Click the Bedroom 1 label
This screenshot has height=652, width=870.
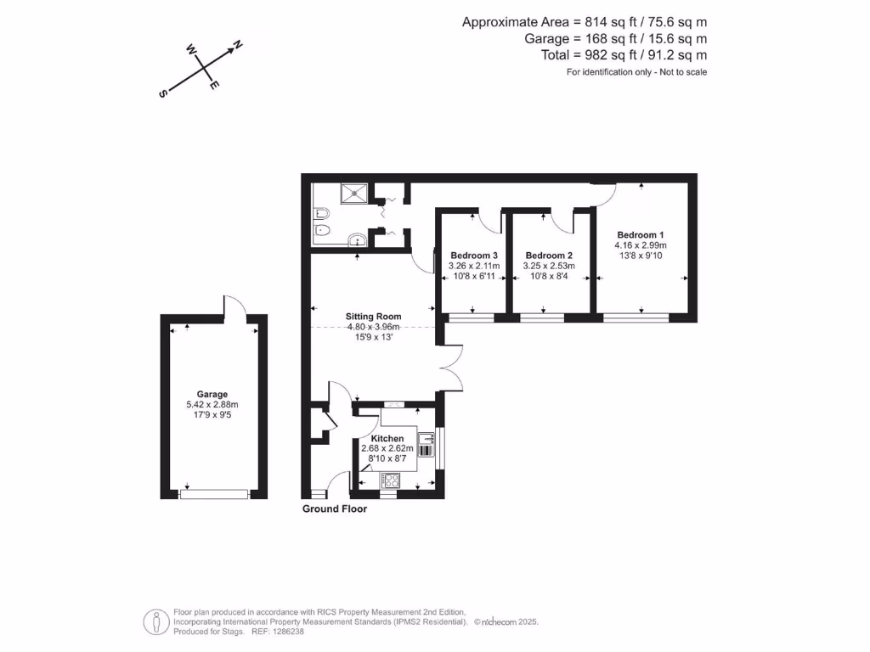click(x=641, y=235)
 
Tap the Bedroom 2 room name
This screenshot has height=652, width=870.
click(x=549, y=256)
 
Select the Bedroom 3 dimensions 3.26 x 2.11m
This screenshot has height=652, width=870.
click(x=474, y=266)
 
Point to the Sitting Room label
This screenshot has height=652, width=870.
click(x=373, y=317)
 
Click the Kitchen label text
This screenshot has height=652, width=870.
click(x=387, y=438)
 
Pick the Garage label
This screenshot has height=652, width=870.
click(x=212, y=394)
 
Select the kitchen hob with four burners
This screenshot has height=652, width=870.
click(x=393, y=480)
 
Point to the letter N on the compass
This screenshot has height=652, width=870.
click(x=238, y=44)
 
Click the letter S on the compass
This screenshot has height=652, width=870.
click(x=161, y=94)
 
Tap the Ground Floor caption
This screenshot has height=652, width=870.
click(x=335, y=509)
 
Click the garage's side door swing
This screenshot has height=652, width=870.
click(x=234, y=305)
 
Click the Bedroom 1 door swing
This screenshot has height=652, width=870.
click(x=604, y=194)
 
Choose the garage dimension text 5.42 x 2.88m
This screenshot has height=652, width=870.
click(x=212, y=405)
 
